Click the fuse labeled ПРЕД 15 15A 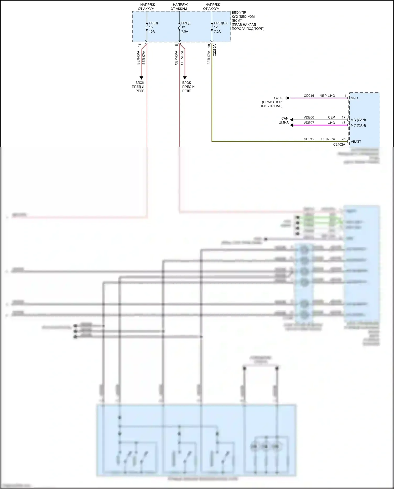[147, 27]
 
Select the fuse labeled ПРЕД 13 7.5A [179, 27]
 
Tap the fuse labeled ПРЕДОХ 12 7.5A [212, 27]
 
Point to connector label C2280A [215, 50]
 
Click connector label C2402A [339, 145]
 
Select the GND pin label [354, 98]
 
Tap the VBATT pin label [356, 142]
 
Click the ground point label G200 [278, 98]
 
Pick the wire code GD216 [309, 96]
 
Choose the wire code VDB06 [309, 117]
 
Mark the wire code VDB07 [309, 123]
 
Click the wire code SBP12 [309, 139]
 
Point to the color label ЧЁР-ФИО [327, 96]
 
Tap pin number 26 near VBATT [344, 139]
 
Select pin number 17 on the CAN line [344, 117]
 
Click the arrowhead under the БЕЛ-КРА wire [141, 78]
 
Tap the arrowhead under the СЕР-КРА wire [185, 78]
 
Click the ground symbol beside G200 [287, 98]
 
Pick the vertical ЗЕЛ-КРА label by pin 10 [209, 58]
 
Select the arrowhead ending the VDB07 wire [292, 125]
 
